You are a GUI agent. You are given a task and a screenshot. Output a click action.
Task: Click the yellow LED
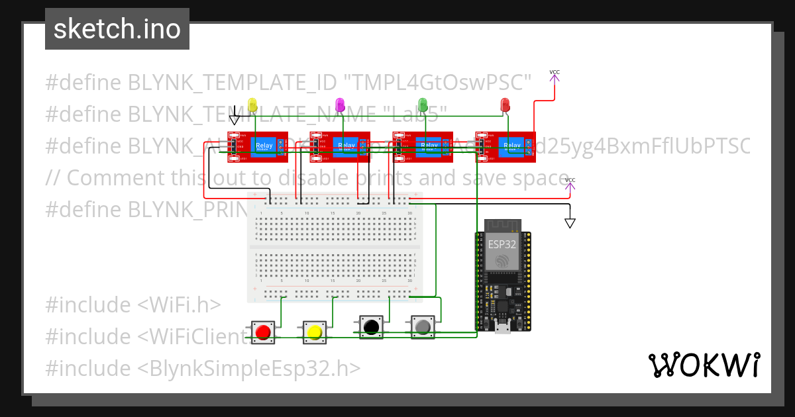(252, 104)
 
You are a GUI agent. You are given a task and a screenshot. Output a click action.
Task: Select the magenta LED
(340, 104)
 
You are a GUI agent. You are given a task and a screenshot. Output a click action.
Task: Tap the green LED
(423, 104)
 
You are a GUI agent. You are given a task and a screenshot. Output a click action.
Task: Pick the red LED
(505, 104)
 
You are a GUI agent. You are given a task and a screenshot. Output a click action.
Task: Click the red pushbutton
(263, 331)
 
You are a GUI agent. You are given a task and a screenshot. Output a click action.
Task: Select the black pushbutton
(372, 326)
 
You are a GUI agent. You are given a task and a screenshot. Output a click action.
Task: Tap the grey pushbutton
(423, 326)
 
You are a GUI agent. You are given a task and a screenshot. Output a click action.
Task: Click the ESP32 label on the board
(502, 244)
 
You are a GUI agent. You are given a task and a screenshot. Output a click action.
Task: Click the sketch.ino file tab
(117, 29)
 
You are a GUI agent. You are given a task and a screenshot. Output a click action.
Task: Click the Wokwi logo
(704, 365)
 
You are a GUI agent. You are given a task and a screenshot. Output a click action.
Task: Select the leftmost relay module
(258, 146)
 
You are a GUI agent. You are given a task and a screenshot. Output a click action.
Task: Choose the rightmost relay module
(506, 146)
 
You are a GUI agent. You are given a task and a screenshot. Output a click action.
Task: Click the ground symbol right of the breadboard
(570, 223)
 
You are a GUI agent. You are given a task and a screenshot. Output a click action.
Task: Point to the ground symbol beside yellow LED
(235, 119)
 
